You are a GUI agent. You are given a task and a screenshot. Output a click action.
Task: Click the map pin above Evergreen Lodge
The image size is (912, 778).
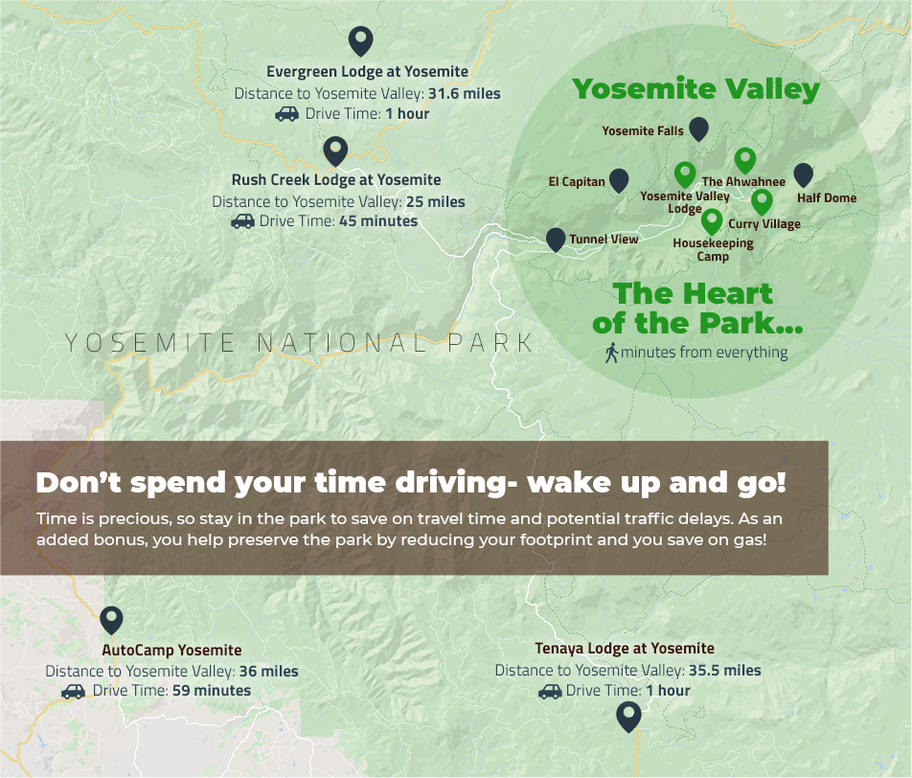tap(359, 41)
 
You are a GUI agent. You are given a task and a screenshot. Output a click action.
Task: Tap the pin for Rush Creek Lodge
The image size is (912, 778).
tap(334, 150)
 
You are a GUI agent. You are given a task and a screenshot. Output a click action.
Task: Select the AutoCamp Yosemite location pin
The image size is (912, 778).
tap(111, 620)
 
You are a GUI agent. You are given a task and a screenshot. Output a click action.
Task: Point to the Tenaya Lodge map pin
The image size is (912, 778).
tap(627, 716)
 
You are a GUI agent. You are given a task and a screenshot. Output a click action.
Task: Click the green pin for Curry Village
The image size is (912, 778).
tap(762, 201)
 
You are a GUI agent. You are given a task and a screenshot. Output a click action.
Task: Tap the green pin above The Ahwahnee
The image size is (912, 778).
tap(744, 160)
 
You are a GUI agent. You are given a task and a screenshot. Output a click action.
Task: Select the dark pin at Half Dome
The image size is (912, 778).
tap(803, 174)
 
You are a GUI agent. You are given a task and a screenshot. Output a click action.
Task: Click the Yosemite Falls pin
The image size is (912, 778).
tap(698, 128)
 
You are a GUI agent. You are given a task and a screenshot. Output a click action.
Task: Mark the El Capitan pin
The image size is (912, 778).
tap(619, 180)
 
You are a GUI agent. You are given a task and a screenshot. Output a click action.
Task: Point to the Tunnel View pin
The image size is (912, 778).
tap(555, 240)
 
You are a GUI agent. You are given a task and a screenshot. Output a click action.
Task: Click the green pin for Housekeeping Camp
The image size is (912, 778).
tap(711, 221)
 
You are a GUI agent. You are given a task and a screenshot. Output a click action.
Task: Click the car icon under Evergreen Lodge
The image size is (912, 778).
tap(286, 114)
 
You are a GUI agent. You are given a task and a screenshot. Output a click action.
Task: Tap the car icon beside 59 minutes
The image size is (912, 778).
tap(73, 691)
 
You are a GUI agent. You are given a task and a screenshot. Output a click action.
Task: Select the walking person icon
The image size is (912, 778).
tap(610, 353)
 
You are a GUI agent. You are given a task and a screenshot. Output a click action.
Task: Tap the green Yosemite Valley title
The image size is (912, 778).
tap(695, 90)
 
